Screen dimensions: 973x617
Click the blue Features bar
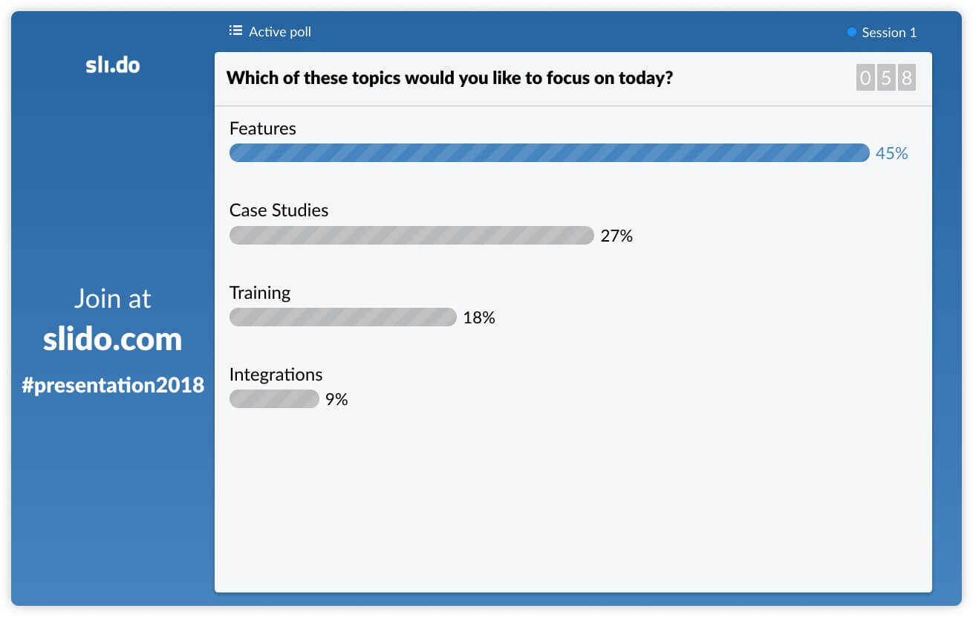click(x=549, y=152)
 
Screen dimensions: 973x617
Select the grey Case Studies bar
click(x=411, y=235)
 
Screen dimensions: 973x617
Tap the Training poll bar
click(x=342, y=317)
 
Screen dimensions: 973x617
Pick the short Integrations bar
click(x=274, y=398)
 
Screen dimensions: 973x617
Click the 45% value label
click(x=891, y=153)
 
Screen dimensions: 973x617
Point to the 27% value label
click(x=616, y=236)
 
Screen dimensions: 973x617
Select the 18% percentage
click(x=478, y=317)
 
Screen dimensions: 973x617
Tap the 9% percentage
click(x=336, y=399)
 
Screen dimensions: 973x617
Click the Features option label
click(x=263, y=129)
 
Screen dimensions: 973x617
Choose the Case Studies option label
click(x=279, y=210)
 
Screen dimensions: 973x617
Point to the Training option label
click(x=260, y=294)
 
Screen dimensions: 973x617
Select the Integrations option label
click(x=276, y=375)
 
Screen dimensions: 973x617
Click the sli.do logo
click(x=112, y=65)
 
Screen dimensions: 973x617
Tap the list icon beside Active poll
click(x=236, y=30)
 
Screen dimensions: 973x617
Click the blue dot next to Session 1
click(x=851, y=32)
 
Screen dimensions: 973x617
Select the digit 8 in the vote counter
click(x=907, y=78)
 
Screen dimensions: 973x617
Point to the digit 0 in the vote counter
click(x=865, y=78)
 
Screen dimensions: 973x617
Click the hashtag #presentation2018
click(x=113, y=385)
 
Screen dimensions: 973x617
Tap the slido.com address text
click(x=112, y=339)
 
